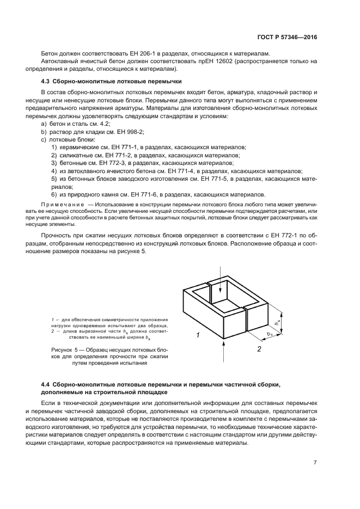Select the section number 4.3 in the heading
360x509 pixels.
[x=47, y=82]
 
